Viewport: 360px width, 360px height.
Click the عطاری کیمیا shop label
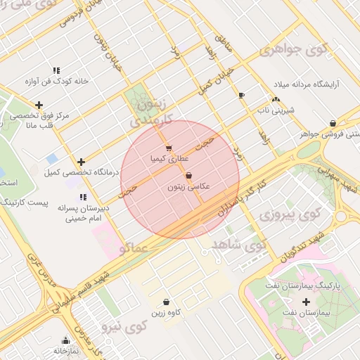pyautogui.click(x=167, y=160)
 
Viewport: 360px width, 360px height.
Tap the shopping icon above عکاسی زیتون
pyautogui.click(x=188, y=176)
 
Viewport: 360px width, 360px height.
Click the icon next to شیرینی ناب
pyautogui.click(x=276, y=100)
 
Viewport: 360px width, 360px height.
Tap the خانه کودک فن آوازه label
pyautogui.click(x=56, y=81)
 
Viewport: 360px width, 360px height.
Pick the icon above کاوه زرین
pyautogui.click(x=166, y=302)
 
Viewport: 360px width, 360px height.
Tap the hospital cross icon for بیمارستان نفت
pyautogui.click(x=305, y=302)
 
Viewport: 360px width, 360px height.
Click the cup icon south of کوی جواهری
pyautogui.click(x=242, y=95)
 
